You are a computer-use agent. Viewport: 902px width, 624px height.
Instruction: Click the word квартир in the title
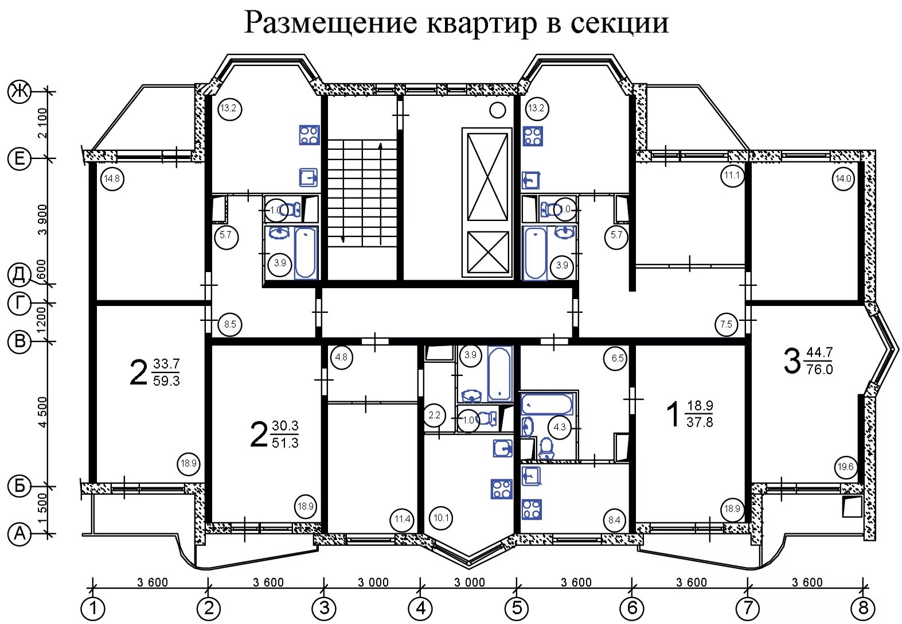(481, 24)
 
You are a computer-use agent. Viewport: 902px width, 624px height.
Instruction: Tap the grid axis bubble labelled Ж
(19, 91)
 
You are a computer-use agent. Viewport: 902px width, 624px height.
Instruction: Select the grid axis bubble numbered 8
(862, 608)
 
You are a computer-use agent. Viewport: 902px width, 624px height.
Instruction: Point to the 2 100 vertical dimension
(42, 123)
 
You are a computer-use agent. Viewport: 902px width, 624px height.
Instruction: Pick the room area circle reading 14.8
(112, 179)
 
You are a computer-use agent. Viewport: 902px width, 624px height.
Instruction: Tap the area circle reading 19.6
(845, 467)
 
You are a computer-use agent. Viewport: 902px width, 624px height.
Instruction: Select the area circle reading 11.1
(732, 175)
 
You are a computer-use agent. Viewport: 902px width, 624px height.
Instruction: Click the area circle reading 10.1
(441, 518)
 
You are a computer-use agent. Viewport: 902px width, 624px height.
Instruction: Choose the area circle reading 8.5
(230, 324)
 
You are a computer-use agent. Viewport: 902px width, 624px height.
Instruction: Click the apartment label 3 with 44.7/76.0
(808, 361)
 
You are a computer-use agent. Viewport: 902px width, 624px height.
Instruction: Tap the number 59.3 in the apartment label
(166, 381)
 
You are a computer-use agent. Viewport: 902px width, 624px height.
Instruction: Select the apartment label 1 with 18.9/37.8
(689, 414)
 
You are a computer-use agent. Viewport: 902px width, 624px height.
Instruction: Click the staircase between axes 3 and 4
(362, 193)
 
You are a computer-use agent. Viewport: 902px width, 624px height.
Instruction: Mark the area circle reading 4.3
(560, 427)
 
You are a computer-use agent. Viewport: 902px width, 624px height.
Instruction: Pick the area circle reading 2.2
(435, 415)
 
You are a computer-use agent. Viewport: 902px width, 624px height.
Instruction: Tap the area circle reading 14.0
(844, 178)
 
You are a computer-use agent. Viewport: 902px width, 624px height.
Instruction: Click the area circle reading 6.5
(618, 358)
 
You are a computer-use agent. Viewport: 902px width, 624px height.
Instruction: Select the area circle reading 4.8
(341, 356)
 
